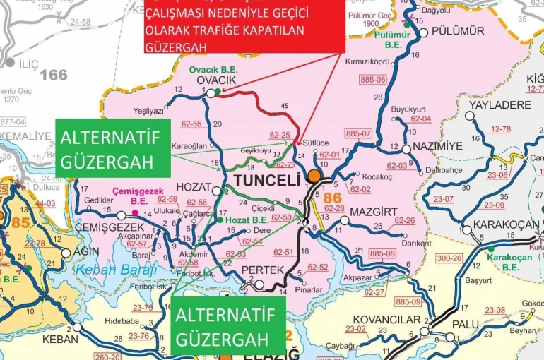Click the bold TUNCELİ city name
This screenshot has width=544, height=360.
point(263,180)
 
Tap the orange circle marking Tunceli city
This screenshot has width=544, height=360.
point(314,176)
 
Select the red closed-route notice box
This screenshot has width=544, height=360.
point(244,26)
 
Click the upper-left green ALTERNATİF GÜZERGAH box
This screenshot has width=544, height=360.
point(110,148)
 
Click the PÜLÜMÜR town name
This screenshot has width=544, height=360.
point(458,31)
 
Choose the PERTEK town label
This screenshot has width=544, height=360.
point(262,270)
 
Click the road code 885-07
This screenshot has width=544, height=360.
point(358,133)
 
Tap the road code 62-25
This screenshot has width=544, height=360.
point(280,134)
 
